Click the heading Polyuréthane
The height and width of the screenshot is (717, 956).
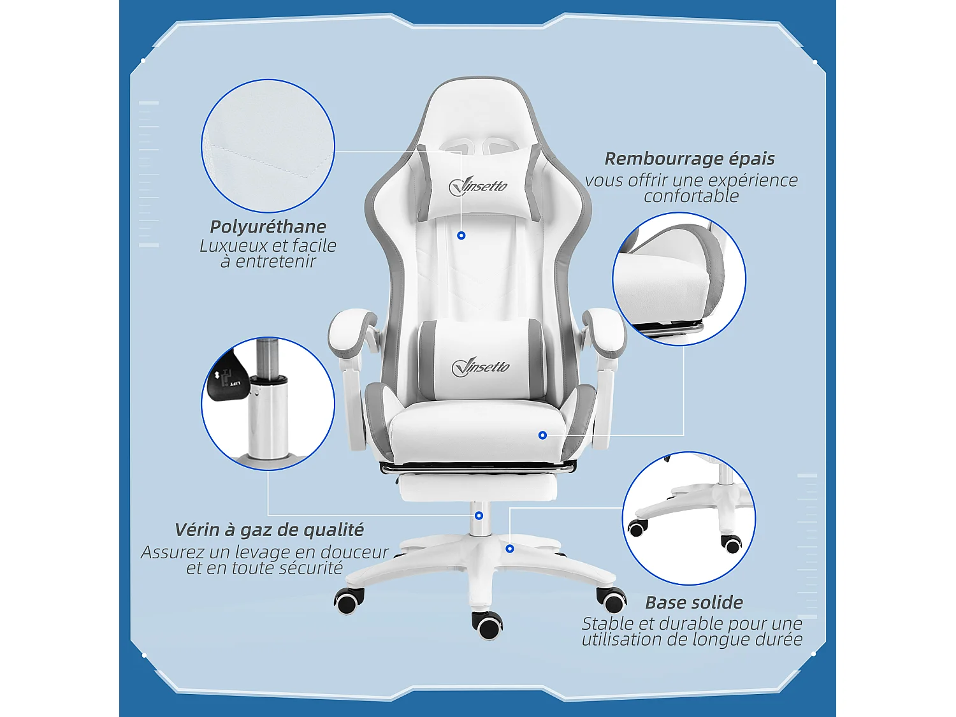[268, 227]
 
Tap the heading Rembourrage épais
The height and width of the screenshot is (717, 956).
[690, 159]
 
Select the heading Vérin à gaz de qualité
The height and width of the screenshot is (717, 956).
[269, 530]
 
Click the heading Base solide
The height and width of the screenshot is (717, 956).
[694, 603]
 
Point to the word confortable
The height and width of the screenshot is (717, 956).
[691, 196]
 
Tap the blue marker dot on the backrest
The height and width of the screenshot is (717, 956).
[461, 236]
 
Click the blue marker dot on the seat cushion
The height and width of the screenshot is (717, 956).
[542, 435]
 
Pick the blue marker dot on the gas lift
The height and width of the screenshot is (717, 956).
[479, 516]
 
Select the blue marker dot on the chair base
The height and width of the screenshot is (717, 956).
[510, 549]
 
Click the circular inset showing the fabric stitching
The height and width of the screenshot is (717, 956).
[268, 146]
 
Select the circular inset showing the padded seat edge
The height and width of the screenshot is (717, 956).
[679, 279]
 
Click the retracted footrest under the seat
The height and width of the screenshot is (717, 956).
[478, 488]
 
